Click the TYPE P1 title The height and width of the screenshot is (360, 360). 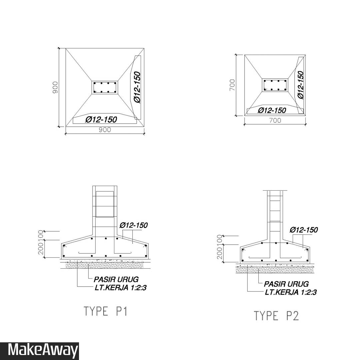(x=105, y=311)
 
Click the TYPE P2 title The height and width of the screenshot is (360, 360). (x=276, y=316)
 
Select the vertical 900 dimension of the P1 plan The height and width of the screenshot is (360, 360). (x=55, y=87)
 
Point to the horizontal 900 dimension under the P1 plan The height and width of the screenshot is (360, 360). (x=105, y=130)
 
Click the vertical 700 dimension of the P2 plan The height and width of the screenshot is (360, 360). (x=232, y=85)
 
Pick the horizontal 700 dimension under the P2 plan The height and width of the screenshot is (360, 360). (x=275, y=121)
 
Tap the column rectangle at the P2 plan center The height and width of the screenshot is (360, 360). (x=275, y=85)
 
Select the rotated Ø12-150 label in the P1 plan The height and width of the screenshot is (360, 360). (x=137, y=87)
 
